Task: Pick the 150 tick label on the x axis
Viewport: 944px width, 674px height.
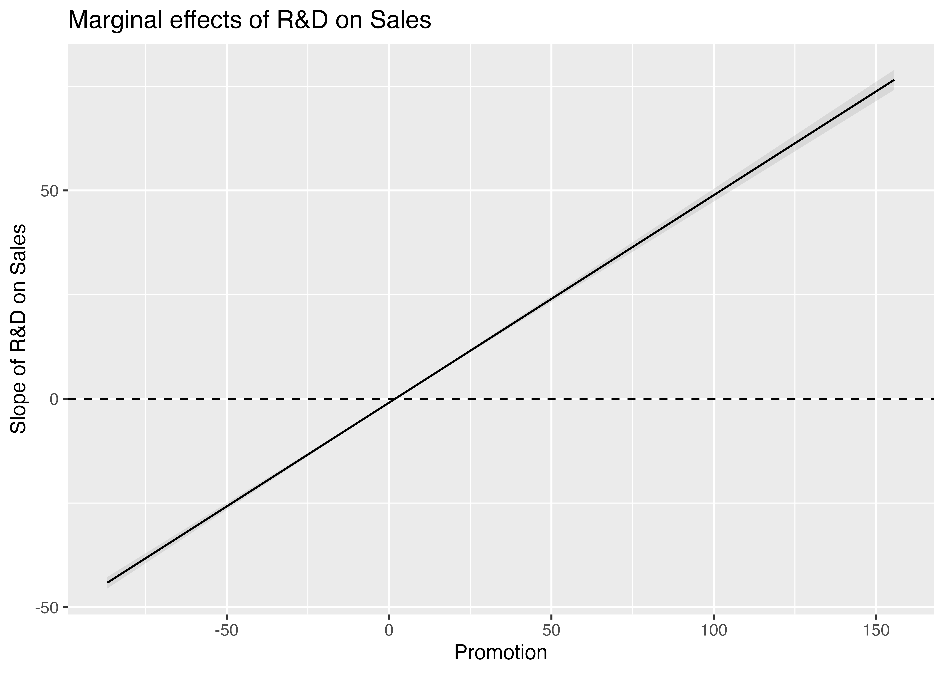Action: [876, 631]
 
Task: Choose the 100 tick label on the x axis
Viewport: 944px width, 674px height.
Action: [713, 631]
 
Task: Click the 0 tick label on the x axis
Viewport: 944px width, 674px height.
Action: [389, 631]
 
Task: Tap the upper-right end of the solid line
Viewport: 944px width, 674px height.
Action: [894, 80]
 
